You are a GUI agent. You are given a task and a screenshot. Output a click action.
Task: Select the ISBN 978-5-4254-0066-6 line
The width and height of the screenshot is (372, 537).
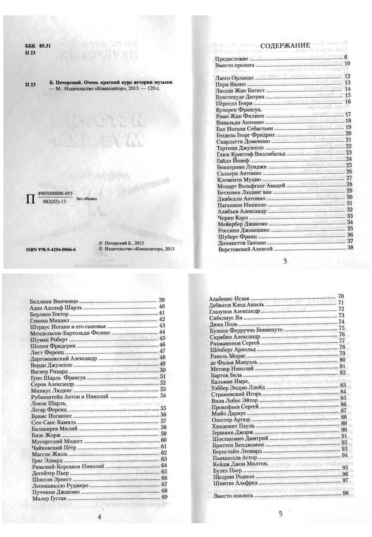(51, 250)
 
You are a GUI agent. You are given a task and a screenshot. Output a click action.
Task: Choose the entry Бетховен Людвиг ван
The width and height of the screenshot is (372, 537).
(244, 192)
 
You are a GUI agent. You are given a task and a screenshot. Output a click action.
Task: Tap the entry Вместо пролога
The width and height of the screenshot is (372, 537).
(235, 65)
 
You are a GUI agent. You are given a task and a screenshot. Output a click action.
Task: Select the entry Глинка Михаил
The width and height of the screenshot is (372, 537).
(50, 321)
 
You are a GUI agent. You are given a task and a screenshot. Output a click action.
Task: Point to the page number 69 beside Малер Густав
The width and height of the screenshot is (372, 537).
(165, 497)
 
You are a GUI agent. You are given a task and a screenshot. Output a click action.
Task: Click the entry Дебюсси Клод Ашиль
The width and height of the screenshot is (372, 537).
(232, 305)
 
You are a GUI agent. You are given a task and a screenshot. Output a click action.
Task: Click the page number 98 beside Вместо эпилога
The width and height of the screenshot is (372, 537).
(346, 493)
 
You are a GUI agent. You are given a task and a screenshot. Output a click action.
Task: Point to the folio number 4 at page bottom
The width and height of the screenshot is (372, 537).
(99, 517)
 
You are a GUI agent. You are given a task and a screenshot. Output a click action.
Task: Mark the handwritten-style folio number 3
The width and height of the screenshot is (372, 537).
(285, 261)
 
